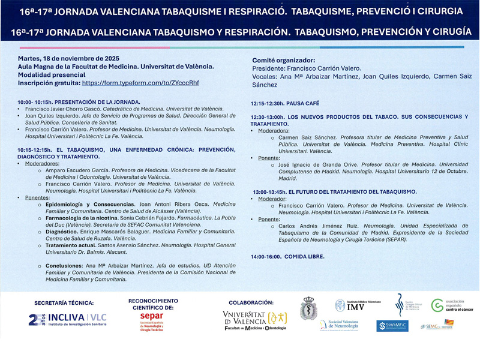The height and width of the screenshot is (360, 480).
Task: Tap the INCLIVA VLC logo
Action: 61,319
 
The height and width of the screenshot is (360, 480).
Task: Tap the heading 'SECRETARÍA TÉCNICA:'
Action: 64,303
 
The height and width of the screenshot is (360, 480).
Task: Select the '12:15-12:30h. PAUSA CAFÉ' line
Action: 285,104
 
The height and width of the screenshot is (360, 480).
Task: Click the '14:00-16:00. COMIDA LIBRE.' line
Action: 288,256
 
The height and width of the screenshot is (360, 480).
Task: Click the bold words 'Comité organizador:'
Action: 283,61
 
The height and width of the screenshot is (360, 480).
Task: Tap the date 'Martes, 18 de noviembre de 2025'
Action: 69,59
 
